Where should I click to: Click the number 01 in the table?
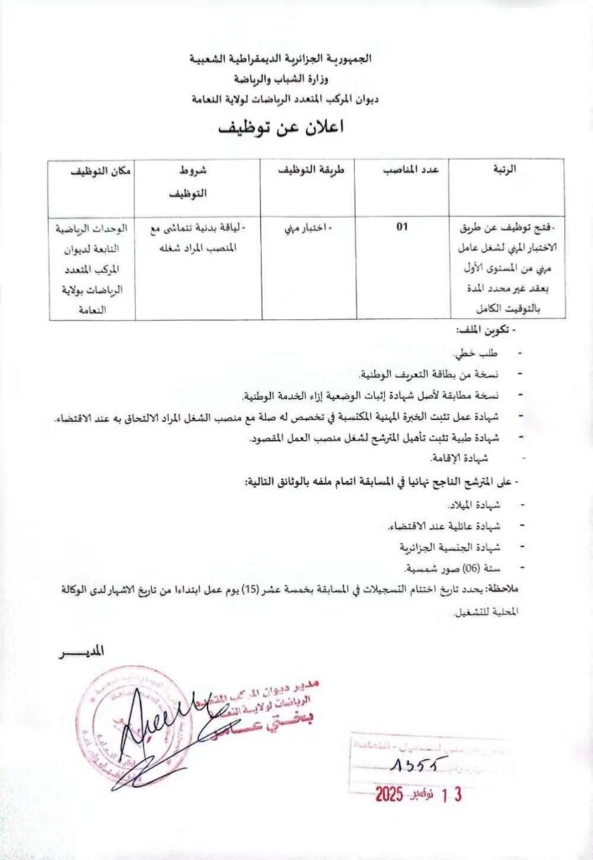coord(402,226)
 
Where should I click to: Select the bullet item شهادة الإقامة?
coord(458,457)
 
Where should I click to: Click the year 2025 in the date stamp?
coord(390,794)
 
